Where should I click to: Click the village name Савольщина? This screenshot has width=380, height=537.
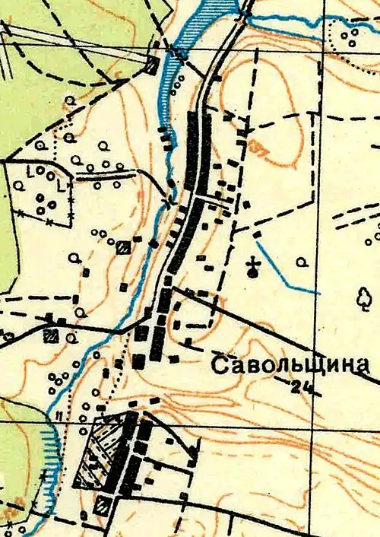tap(290, 366)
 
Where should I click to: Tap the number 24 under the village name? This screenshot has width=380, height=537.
tap(302, 387)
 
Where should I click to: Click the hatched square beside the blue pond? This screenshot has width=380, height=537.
tap(152, 65)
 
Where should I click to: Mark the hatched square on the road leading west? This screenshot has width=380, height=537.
tap(52, 335)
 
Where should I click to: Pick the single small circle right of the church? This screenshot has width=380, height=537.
tap(302, 262)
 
